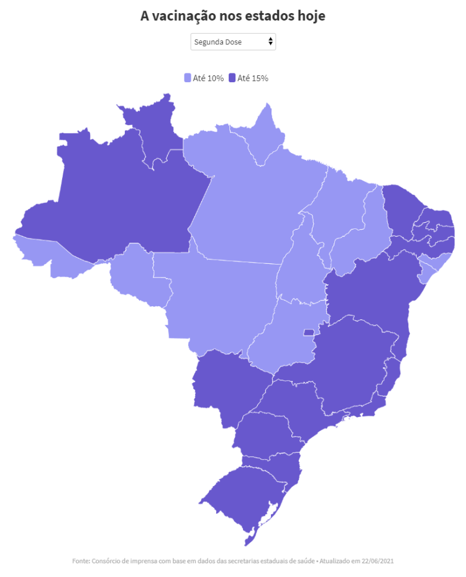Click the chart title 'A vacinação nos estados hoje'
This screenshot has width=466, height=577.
(233, 16)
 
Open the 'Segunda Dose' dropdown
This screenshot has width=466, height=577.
(233, 42)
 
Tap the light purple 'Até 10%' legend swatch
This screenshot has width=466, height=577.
(188, 78)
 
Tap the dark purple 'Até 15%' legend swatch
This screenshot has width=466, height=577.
(232, 78)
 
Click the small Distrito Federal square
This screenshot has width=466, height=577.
(308, 332)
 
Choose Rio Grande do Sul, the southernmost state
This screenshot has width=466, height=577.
(249, 492)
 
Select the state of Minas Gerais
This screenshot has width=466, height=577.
(348, 367)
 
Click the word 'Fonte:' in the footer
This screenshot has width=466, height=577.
(81, 561)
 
